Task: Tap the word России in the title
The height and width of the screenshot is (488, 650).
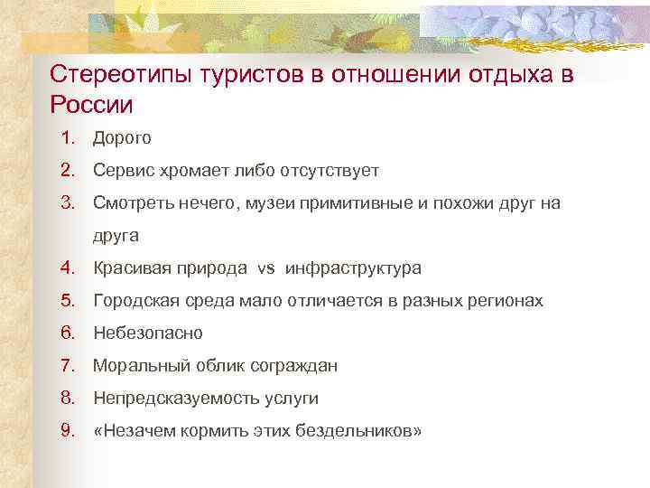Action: click(91, 105)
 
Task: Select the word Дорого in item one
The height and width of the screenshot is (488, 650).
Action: click(122, 138)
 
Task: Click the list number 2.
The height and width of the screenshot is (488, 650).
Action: click(66, 170)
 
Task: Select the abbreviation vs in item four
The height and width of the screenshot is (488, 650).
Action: click(265, 268)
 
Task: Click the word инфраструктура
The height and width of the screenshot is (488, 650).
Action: click(353, 268)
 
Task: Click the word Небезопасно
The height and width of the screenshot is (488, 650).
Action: click(148, 333)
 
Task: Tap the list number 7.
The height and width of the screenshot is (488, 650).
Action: click(66, 365)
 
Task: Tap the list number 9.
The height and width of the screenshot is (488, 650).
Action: click(66, 430)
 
